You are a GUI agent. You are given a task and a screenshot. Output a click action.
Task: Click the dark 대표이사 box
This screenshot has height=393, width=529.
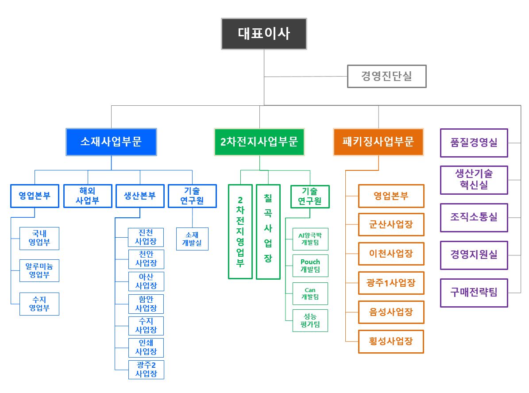[264, 34]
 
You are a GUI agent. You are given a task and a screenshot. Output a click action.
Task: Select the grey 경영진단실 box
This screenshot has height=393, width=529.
[386, 77]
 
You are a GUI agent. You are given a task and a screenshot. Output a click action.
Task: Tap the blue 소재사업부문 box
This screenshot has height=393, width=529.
[111, 142]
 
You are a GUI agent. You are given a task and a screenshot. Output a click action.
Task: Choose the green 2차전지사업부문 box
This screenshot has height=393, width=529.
[259, 142]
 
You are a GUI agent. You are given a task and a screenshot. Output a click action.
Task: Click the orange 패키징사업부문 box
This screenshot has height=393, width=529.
[378, 142]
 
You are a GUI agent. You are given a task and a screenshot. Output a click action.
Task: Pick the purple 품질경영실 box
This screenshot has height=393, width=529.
[474, 143]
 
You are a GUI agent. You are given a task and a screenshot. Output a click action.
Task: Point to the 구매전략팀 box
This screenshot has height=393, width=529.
[474, 293]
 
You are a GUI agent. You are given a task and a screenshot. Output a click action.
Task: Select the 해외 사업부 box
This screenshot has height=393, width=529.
[87, 196]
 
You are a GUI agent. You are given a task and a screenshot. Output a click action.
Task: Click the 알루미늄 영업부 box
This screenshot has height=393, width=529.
[39, 270]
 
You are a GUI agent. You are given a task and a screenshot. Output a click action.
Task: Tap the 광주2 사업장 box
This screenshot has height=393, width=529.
[146, 369]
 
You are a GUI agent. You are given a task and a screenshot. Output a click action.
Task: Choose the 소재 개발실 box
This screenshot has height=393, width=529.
[192, 239]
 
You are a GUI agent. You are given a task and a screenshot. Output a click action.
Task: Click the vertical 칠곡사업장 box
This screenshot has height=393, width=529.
[268, 231]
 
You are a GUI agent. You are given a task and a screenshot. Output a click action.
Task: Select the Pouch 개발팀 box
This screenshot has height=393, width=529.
[310, 266]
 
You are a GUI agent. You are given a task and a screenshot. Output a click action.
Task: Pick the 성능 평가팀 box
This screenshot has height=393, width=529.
[310, 321]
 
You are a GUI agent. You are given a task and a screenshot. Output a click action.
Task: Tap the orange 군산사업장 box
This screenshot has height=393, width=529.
[391, 224]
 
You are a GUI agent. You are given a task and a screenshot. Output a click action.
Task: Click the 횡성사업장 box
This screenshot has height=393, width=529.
[391, 341]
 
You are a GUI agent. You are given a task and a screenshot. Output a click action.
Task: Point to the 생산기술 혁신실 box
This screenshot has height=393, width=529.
[474, 180]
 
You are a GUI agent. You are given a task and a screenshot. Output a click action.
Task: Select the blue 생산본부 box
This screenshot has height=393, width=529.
[139, 196]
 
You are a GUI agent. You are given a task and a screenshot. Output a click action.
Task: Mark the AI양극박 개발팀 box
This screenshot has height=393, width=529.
[310, 239]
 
